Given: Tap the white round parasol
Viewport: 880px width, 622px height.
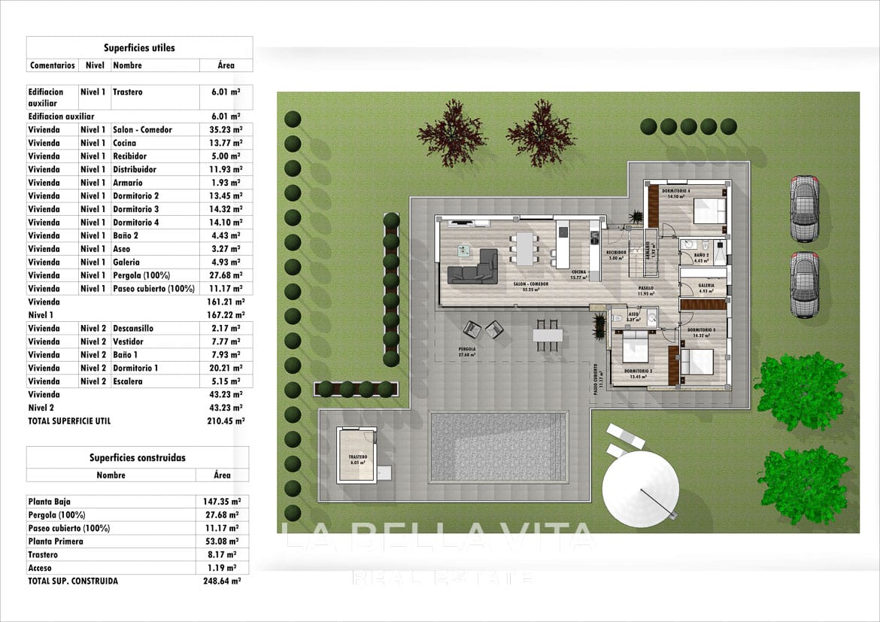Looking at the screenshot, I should pyautogui.click(x=641, y=490).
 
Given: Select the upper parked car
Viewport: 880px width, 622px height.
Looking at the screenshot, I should pyautogui.click(x=804, y=208).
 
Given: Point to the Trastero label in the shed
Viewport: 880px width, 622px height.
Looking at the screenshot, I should pyautogui.click(x=357, y=457).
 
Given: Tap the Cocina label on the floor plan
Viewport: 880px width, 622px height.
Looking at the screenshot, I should pyautogui.click(x=578, y=272).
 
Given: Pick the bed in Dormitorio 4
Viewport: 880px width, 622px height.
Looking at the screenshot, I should pyautogui.click(x=709, y=210).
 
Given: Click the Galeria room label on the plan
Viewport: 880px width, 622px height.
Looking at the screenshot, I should pyautogui.click(x=706, y=286).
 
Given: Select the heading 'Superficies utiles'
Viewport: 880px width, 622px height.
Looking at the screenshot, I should pyautogui.click(x=139, y=47).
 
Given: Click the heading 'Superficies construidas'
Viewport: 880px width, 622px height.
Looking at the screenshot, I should pyautogui.click(x=137, y=457).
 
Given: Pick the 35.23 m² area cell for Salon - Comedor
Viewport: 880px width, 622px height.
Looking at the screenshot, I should pyautogui.click(x=226, y=129).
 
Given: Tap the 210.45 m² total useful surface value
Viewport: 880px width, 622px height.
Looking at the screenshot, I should pyautogui.click(x=226, y=421).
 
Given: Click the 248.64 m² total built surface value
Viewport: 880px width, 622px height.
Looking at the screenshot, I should pyautogui.click(x=224, y=581).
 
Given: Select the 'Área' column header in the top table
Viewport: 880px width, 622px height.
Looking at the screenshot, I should pyautogui.click(x=226, y=65).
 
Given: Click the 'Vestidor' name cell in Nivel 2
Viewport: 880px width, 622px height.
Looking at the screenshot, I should pyautogui.click(x=128, y=341).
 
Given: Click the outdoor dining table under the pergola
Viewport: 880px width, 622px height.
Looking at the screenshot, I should pyautogui.click(x=548, y=335).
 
